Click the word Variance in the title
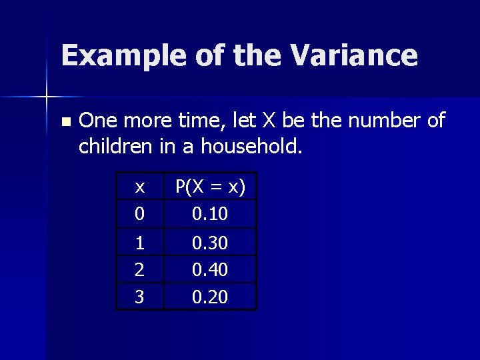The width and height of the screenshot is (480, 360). point(354,55)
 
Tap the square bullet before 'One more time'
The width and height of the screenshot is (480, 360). point(65,122)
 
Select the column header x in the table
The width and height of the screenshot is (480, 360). point(140,188)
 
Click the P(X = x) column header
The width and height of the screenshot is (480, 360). point(210,188)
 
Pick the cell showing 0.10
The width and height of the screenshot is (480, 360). point(210,215)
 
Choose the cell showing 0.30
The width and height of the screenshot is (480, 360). point(210,243)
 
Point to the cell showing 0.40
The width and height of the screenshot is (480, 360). point(210,269)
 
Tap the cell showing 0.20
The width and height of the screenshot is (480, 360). point(210,297)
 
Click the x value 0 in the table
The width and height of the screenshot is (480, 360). point(140,215)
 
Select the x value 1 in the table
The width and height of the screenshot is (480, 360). point(140,243)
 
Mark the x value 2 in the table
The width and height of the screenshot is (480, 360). point(140,269)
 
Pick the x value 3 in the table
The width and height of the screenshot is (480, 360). point(140,297)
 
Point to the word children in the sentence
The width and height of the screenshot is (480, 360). point(116,145)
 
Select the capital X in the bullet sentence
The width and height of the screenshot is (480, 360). point(268,121)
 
